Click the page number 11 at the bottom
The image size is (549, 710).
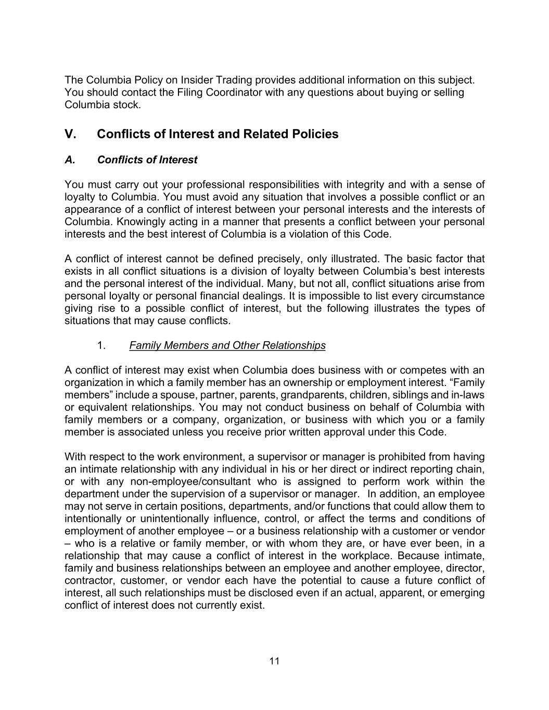pyautogui.click(x=275, y=661)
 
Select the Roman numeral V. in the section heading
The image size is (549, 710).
pyautogui.click(x=71, y=134)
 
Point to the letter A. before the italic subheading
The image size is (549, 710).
pyautogui.click(x=70, y=160)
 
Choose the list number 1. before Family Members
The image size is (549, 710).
pyautogui.click(x=102, y=345)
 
